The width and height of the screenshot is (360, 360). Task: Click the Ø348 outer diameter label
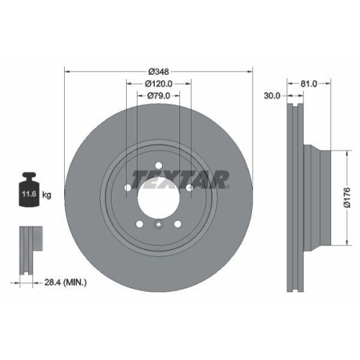(158, 71)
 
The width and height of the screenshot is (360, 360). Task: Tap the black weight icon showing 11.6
(30, 192)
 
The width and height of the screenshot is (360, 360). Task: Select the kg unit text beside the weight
(48, 194)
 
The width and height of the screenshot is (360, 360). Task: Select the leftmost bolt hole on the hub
(127, 189)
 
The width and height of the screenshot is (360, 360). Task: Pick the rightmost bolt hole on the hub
(189, 189)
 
